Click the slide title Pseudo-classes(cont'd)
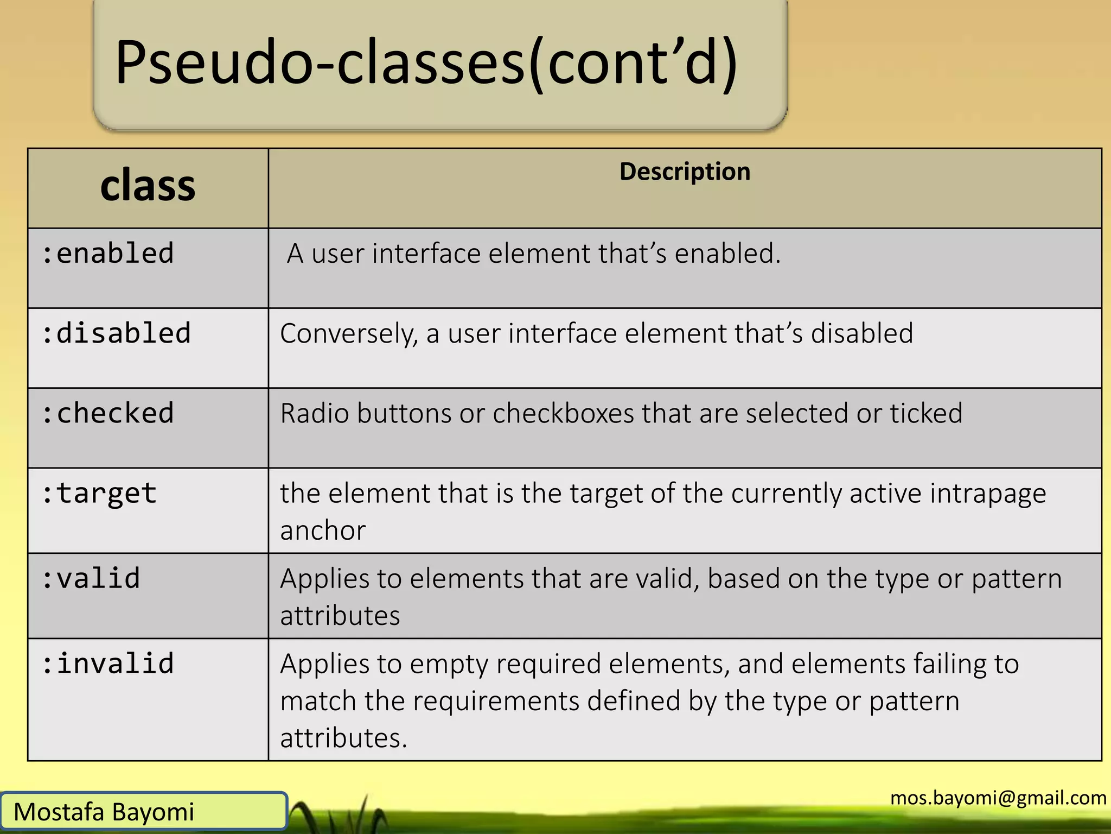(x=426, y=62)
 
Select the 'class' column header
(x=148, y=186)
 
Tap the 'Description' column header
(x=685, y=172)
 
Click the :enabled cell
(x=108, y=254)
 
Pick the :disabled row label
(x=116, y=333)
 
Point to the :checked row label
(x=108, y=413)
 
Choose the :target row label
(x=99, y=494)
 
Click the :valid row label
(x=91, y=578)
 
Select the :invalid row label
(x=108, y=664)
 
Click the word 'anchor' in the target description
(x=323, y=530)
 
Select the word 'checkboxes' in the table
(x=563, y=413)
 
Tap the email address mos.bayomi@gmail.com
(x=998, y=798)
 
